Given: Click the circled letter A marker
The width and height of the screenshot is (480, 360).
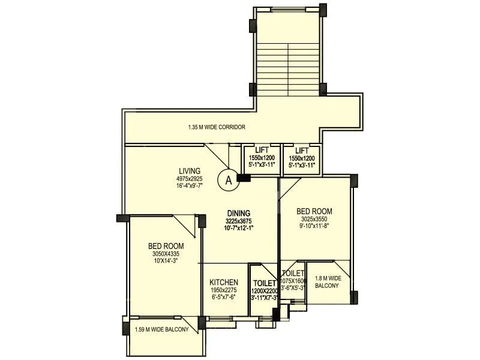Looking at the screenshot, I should pos(227,179).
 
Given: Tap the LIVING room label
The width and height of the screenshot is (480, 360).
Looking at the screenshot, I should pos(189,170).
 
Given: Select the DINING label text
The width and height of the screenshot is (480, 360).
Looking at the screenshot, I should pos(239,213).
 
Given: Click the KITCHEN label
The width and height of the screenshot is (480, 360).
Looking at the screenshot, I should pos(224,283).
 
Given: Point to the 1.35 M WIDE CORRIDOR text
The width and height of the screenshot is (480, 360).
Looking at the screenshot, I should pos(216,127).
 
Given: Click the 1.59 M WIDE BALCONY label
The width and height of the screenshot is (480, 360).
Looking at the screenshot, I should pos(161,329).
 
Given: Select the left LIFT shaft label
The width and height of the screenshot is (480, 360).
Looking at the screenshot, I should pos(262,151).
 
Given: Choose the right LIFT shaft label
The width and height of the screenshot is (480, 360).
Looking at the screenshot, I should pos(302,151).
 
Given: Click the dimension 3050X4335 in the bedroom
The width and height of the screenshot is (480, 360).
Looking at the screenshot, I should pos(166,254).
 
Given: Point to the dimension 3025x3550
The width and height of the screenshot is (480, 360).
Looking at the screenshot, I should pos(314,219).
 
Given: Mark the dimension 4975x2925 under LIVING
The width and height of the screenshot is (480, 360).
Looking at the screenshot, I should pos(189,178).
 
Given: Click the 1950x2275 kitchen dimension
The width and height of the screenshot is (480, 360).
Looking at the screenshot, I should pos(224,290).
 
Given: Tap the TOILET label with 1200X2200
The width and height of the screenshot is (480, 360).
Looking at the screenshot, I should pos(264,283).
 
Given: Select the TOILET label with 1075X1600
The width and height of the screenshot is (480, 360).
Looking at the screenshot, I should pos(293,274).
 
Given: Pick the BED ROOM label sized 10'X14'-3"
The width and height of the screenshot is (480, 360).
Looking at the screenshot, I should pos(166,246).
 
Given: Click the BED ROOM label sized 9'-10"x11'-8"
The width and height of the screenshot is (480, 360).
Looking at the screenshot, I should pos(314,211).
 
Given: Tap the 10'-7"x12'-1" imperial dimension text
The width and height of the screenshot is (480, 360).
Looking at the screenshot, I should pos(239,228).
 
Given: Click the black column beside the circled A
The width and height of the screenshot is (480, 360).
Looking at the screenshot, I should pos(244,178).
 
